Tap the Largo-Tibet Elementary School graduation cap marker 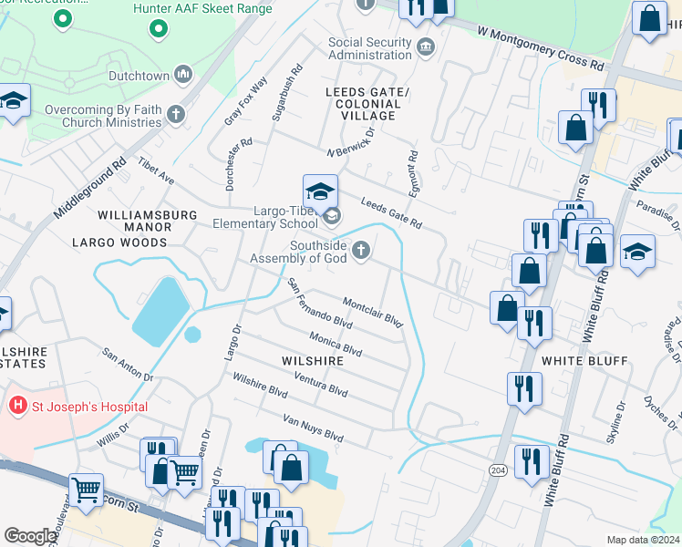[x=321, y=192]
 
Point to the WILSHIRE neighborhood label [x=312, y=361]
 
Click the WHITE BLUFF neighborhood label [x=584, y=361]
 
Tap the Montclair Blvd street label [x=372, y=310]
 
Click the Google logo [x=30, y=536]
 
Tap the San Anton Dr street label [x=127, y=366]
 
